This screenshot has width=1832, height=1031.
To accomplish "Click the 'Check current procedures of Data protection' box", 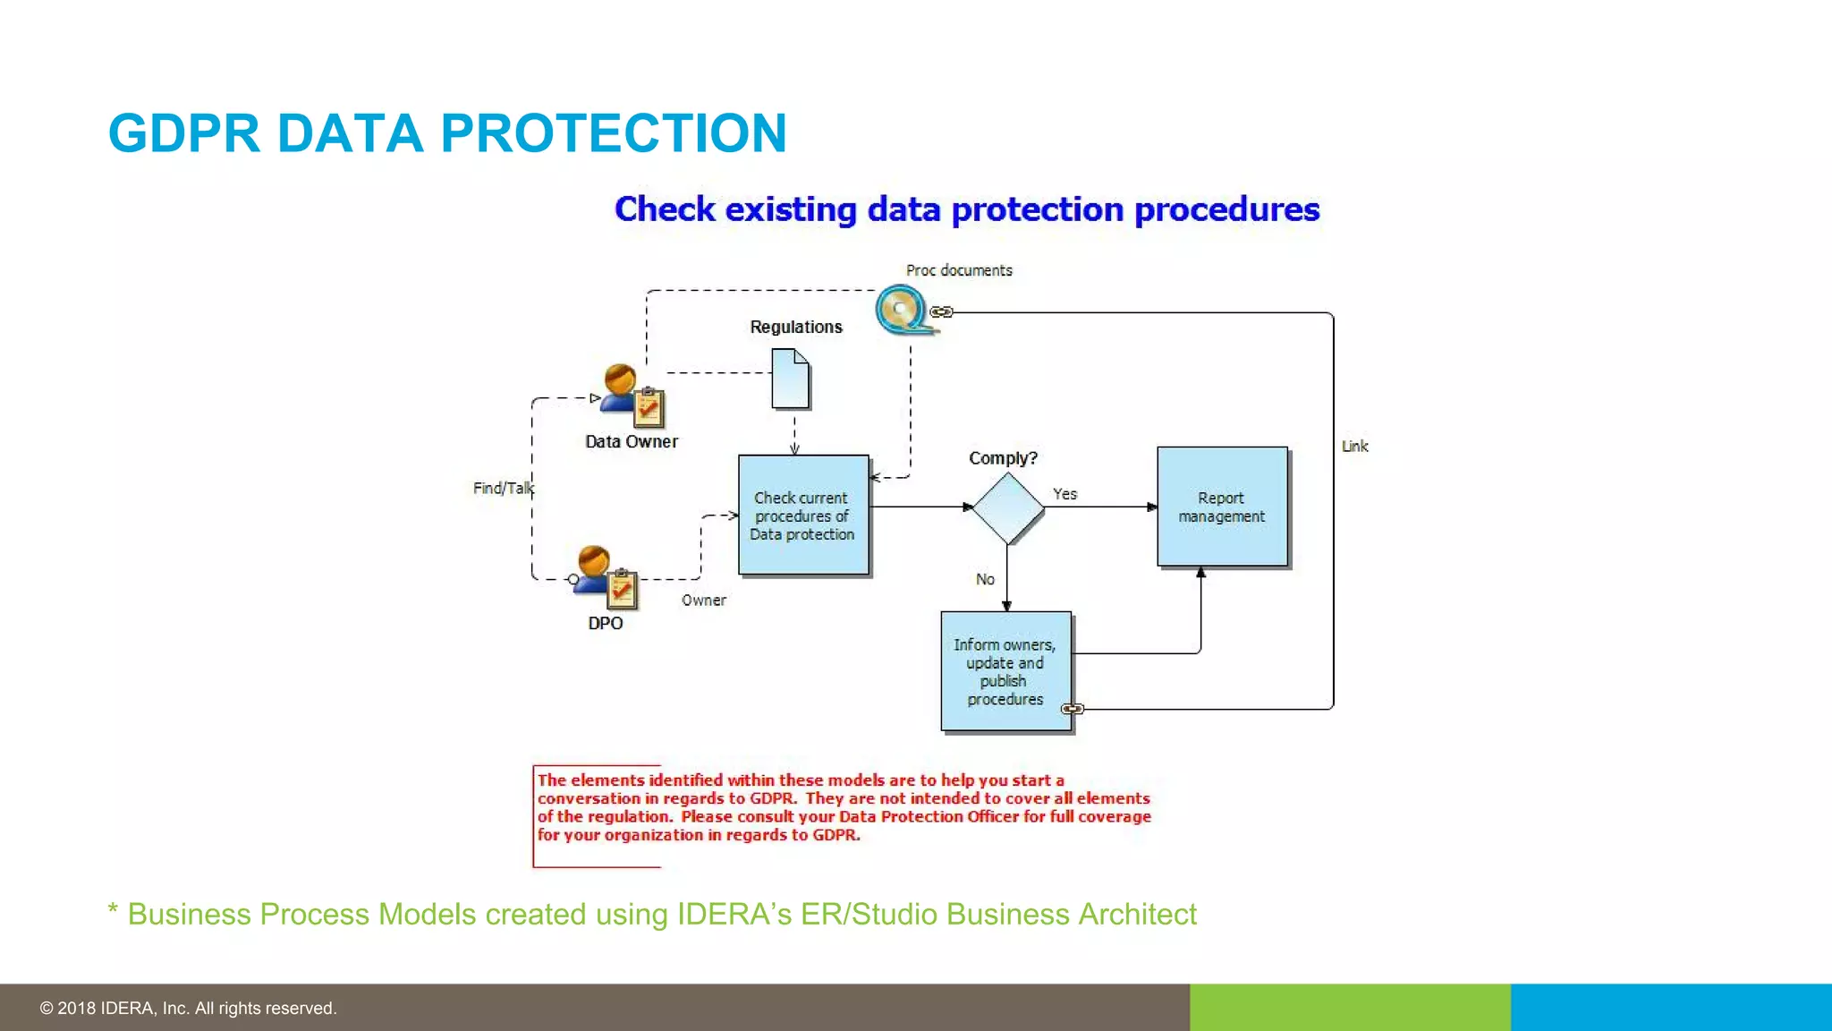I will click(x=802, y=515).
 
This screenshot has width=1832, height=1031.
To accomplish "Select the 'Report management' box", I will click(x=1221, y=507).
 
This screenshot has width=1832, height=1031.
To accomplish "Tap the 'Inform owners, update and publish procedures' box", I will click(x=1005, y=671).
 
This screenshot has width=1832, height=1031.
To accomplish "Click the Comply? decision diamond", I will click(x=1007, y=507).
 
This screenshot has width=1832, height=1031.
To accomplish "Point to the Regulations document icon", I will click(x=791, y=379).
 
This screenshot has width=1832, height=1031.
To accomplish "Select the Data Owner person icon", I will click(x=630, y=396).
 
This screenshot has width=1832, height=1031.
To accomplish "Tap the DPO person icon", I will click(x=605, y=577).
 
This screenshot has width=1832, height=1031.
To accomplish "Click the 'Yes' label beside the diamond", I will click(x=1064, y=494).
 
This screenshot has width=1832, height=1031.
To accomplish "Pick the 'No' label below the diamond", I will click(x=985, y=579).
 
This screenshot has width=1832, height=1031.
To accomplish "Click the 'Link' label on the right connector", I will click(x=1354, y=446).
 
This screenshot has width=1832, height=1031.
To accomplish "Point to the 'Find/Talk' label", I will click(x=503, y=488).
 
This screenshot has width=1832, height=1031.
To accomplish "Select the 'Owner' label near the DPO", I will click(x=703, y=601).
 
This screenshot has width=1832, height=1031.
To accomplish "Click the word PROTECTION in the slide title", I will click(x=613, y=133).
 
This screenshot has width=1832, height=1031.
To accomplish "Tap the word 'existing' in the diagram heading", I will click(x=790, y=209).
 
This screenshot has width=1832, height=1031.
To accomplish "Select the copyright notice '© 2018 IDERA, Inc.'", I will click(x=188, y=1008).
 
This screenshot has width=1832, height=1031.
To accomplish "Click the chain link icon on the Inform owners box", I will click(x=1072, y=709).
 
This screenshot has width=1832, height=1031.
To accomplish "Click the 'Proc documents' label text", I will click(x=958, y=270).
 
